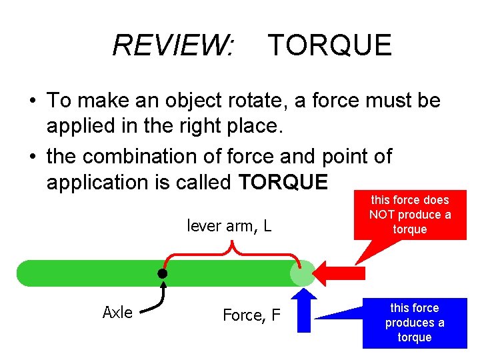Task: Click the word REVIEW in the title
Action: (x=172, y=45)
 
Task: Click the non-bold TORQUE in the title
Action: (x=329, y=45)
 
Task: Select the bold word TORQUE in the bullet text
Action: (x=283, y=182)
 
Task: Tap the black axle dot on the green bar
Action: (x=162, y=273)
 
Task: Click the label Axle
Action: (x=117, y=313)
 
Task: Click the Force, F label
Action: (x=251, y=315)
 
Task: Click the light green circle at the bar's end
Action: (x=303, y=273)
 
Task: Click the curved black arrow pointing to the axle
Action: (x=157, y=300)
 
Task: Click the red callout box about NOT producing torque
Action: (x=410, y=215)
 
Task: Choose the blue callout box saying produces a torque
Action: (x=414, y=323)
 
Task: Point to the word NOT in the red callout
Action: (x=383, y=215)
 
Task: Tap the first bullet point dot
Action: (x=32, y=101)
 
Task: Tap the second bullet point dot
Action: (x=32, y=157)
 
